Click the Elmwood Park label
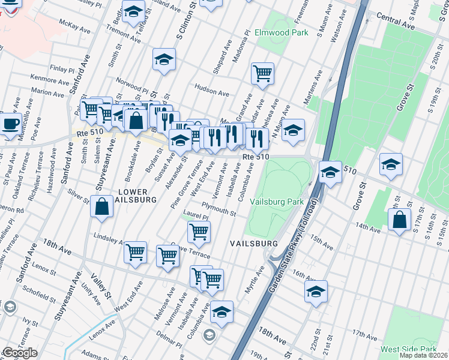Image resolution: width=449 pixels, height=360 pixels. [282, 32]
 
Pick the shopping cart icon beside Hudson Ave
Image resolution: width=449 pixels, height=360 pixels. [262, 74]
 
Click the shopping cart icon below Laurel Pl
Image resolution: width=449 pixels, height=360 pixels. [199, 231]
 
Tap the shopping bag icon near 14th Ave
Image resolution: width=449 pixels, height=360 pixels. [399, 220]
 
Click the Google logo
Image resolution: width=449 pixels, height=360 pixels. [20, 353]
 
